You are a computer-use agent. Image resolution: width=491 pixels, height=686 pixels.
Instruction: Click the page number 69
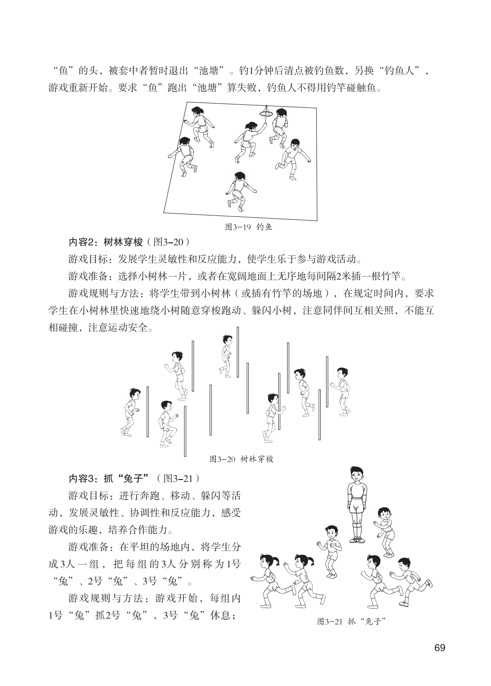439,647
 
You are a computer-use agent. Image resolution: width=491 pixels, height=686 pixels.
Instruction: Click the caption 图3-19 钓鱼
248,227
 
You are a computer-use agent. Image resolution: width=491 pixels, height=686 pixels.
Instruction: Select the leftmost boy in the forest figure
131,411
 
